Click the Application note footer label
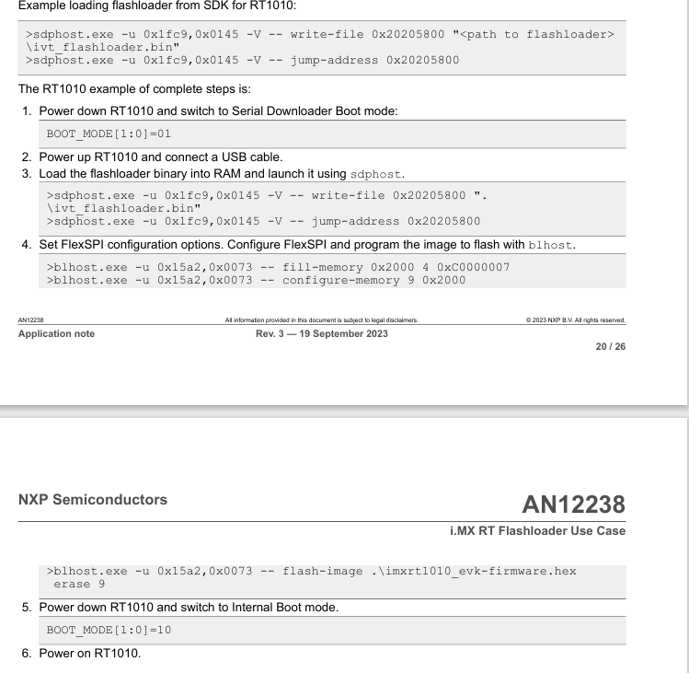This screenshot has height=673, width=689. (x=56, y=333)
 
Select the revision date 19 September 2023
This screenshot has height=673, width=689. (x=346, y=333)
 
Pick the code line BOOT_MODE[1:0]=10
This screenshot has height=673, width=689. (x=102, y=630)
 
